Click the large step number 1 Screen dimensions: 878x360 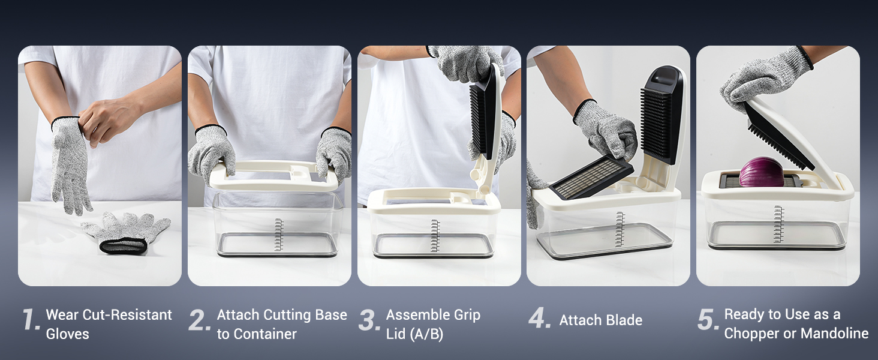point(31,319)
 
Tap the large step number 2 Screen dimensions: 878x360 point(200,320)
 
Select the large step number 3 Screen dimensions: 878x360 point(369,320)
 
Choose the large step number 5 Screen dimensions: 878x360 point(708,320)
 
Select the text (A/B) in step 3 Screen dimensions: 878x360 point(426,334)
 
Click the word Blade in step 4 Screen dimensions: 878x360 point(623,320)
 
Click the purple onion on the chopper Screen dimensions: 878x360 point(761,172)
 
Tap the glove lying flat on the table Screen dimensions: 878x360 point(126,232)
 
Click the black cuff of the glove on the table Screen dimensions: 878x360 point(123,245)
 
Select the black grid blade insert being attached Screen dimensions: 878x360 point(591,177)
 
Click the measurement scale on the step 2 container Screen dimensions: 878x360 point(278,235)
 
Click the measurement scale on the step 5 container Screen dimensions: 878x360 point(778,224)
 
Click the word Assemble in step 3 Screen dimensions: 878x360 point(418,314)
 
